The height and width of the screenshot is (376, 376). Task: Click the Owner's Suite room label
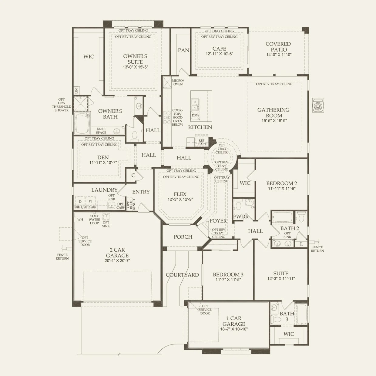[135, 59]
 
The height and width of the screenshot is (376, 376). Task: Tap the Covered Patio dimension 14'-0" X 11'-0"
[278, 55]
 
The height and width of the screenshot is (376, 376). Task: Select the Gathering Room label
[273, 112]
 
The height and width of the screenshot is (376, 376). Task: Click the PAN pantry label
[183, 50]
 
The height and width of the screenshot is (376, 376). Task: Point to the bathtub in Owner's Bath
[81, 123]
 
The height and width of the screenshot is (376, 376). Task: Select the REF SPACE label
[201, 142]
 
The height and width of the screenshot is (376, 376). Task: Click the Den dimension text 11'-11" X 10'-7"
[101, 163]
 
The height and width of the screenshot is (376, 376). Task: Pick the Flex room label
[180, 194]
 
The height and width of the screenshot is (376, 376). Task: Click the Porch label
[183, 237]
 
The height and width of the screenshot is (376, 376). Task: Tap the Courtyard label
[182, 275]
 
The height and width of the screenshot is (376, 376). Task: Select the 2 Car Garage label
[117, 253]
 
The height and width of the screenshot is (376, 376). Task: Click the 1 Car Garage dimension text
[234, 329]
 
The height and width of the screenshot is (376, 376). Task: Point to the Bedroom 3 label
[228, 274]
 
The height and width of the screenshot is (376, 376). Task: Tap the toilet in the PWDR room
[238, 205]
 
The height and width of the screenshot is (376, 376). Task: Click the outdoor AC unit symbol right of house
[318, 105]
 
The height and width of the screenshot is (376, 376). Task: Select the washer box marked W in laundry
[90, 201]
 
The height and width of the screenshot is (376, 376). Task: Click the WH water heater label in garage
[80, 219]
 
